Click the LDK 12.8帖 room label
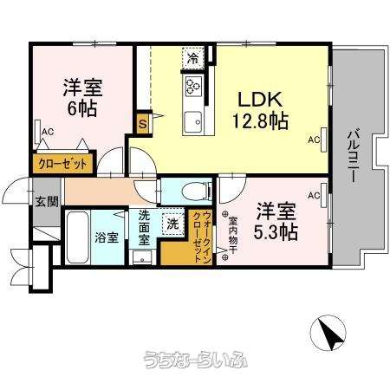pyautogui.click(x=260, y=110)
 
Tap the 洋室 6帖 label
pyautogui.click(x=82, y=97)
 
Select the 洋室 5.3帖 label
pyautogui.click(x=276, y=221)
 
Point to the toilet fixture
pyautogui.click(x=196, y=191)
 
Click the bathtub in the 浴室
pyautogui.click(x=77, y=237)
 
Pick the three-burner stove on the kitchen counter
pyautogui.click(x=193, y=86)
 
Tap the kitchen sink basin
pyautogui.click(x=193, y=122)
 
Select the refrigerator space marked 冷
pyautogui.click(x=193, y=58)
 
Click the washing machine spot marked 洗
pyautogui.click(x=173, y=224)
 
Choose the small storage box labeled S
pyautogui.click(x=143, y=125)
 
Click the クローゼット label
pyautogui.click(x=62, y=164)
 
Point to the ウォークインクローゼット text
pyautogui.click(x=202, y=237)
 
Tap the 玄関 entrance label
pyautogui.click(x=47, y=202)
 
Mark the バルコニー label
pyautogui.click(x=353, y=156)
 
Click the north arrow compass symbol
pyautogui.click(x=328, y=332)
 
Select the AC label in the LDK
pyautogui.click(x=314, y=140)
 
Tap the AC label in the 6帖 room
pyautogui.click(x=48, y=132)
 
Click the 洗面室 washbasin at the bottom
pyautogui.click(x=142, y=257)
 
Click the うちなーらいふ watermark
pyautogui.click(x=196, y=360)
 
